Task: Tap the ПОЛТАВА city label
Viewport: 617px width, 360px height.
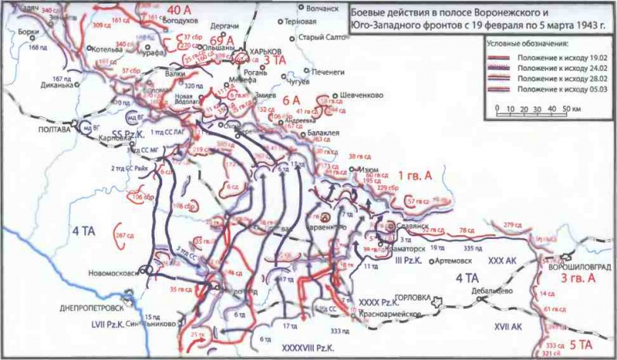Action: click(x=52, y=130)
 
